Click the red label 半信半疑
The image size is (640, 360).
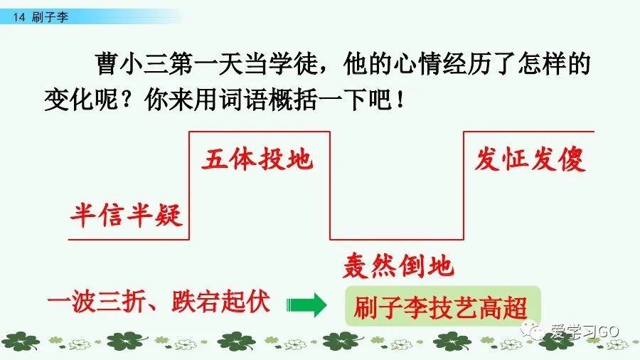(x=126, y=215)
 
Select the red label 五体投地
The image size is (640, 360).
(x=257, y=159)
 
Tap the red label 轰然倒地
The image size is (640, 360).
(x=398, y=266)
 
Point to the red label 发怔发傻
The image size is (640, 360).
(x=530, y=159)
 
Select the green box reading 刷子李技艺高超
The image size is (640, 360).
(x=443, y=307)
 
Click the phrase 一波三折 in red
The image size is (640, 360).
(x=96, y=302)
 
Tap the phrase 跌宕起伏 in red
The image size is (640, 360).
(x=221, y=302)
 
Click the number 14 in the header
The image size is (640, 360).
(x=18, y=17)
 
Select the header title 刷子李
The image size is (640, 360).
(x=50, y=17)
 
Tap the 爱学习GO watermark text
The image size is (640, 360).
(x=585, y=332)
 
